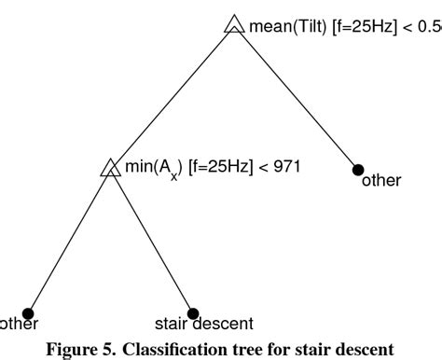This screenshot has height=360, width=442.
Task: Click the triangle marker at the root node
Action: coord(234,25)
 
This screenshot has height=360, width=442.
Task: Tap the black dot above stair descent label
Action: coord(193,313)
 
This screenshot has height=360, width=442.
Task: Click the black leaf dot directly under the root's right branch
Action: coord(358,169)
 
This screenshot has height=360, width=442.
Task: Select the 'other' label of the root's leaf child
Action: coord(380,181)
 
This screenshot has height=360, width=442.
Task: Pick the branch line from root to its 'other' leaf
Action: coord(297,98)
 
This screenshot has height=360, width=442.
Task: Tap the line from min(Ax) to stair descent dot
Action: coord(152,241)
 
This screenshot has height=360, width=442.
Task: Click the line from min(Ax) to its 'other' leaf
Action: coord(70,241)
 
